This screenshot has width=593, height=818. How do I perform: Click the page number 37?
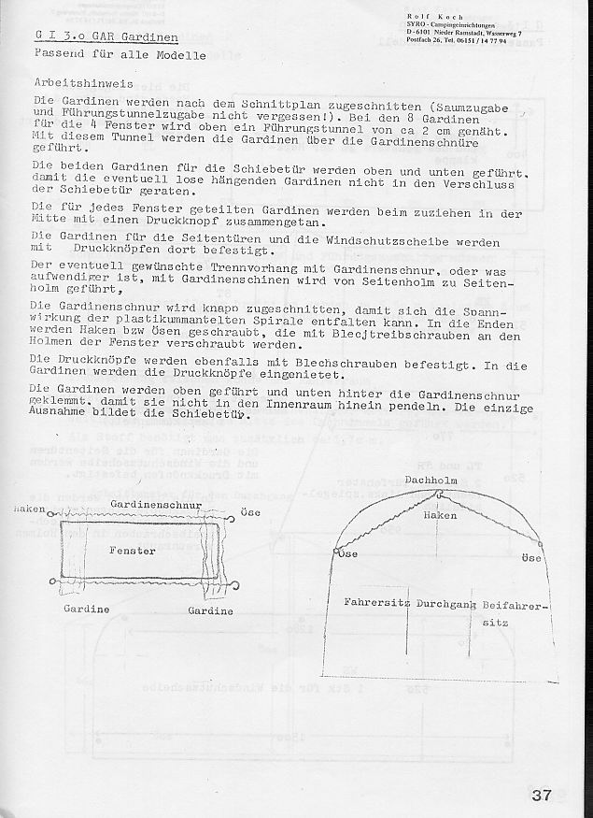[x=541, y=796]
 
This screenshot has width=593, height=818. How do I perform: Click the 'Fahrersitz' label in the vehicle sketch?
[x=378, y=603]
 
